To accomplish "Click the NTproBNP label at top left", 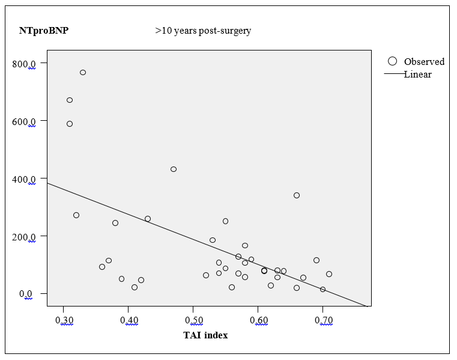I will [x=44, y=31].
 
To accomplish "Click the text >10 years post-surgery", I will [x=203, y=31].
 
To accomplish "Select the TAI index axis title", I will [x=205, y=335].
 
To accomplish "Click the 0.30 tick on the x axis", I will [x=67, y=320].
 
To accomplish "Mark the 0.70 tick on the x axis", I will [x=323, y=320].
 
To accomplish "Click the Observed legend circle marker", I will [x=393, y=61].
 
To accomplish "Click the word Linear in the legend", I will [x=417, y=75].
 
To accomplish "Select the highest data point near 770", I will [x=83, y=72].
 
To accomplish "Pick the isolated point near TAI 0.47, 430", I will [x=174, y=169].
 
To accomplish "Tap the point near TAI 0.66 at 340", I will [x=297, y=195].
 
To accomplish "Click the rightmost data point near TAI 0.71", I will [x=329, y=274].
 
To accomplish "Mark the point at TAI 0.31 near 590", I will [x=70, y=124].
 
